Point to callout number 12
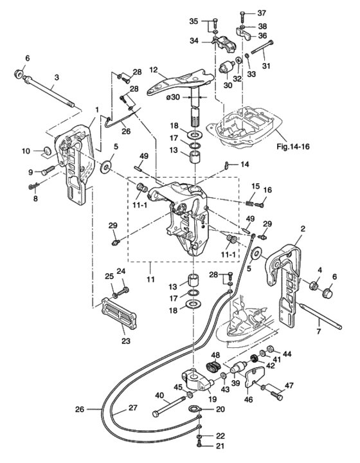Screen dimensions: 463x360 (154, 69)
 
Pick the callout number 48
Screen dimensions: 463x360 (216, 355)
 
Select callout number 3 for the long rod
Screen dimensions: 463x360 (57, 77)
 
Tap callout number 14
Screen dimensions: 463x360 (244, 165)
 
